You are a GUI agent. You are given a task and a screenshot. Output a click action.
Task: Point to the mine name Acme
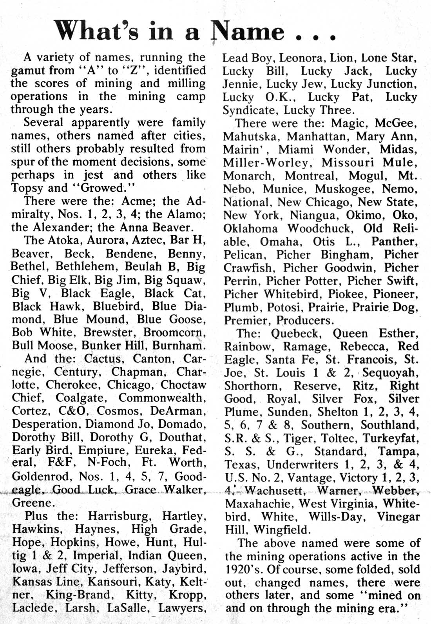pyautogui.click(x=138, y=201)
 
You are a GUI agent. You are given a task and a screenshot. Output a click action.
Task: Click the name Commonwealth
pyautogui.click(x=161, y=398)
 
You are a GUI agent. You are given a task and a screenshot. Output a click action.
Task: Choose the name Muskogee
pyautogui.click(x=340, y=189)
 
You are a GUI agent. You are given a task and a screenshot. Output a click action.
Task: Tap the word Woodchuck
pyautogui.click(x=322, y=229)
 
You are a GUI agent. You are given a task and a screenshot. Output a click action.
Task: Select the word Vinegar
pyautogui.click(x=398, y=517)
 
